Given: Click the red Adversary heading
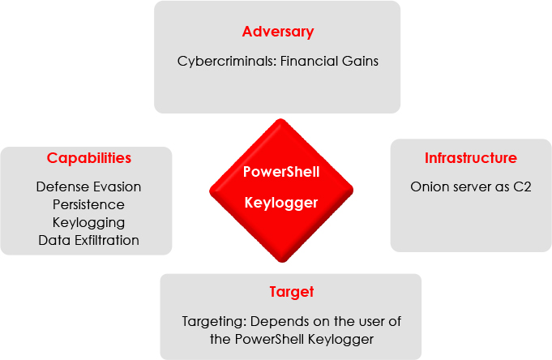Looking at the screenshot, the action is tap(278, 32).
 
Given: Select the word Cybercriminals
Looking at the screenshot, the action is tap(227, 62).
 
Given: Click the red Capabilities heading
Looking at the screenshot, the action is tap(88, 158).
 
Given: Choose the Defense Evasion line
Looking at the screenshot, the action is tap(88, 186).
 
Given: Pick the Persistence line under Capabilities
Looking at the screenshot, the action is tap(88, 204).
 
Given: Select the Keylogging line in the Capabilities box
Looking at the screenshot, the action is tap(88, 223).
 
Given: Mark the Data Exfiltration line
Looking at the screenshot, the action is tap(88, 240).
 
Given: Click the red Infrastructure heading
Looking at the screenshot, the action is tap(471, 158).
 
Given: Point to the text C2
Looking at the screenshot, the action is tap(522, 186).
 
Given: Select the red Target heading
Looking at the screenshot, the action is tap(292, 293).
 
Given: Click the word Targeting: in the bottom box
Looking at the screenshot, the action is tap(214, 322).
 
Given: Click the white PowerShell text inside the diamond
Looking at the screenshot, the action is tap(281, 172).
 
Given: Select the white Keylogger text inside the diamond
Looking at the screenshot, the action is tap(281, 204).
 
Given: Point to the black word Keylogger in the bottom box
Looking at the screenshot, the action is tap(340, 340).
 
